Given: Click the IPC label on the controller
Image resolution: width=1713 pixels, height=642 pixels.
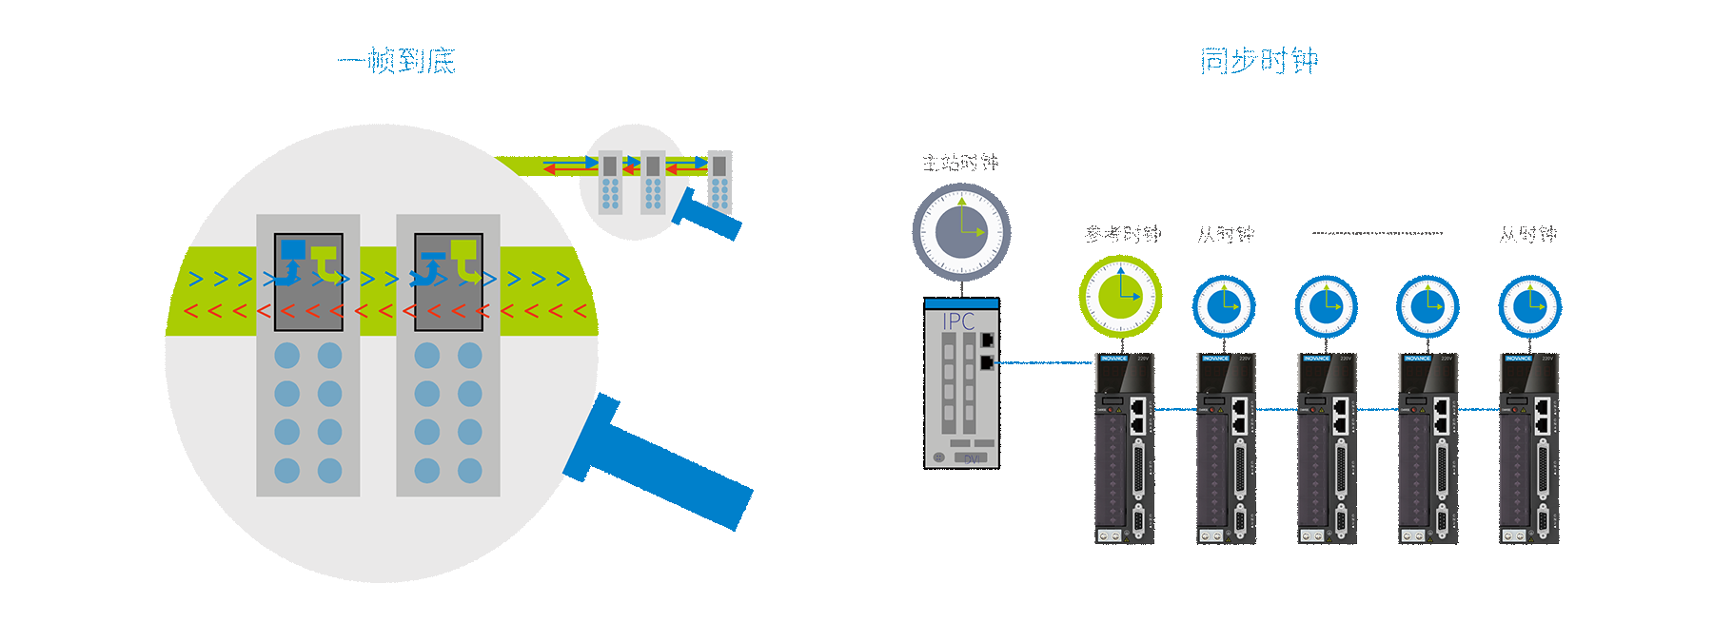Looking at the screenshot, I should click(x=958, y=321).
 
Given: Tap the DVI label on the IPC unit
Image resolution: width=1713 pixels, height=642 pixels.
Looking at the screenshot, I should click(x=972, y=459).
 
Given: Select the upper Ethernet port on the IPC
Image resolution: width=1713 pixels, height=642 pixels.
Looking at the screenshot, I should click(x=988, y=339).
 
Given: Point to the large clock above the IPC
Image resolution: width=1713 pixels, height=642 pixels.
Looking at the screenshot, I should click(x=961, y=231).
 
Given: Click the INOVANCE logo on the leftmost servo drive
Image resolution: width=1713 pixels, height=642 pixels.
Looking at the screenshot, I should click(x=1114, y=359).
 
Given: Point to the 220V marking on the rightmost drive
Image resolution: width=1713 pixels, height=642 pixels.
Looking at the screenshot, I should click(x=1546, y=359).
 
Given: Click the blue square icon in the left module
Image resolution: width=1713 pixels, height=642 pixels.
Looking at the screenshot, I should click(x=293, y=250).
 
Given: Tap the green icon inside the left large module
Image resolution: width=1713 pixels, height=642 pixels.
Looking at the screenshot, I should click(x=325, y=257).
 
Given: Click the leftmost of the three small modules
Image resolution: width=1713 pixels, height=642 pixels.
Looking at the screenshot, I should click(x=610, y=183).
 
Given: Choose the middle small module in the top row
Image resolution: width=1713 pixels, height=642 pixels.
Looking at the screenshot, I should click(x=653, y=183).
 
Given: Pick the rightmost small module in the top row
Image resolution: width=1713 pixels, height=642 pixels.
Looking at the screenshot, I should click(x=719, y=183).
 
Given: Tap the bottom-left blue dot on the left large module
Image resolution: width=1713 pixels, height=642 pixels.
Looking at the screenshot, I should click(x=286, y=470).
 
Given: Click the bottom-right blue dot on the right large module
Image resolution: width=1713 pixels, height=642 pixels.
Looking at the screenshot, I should click(x=470, y=470).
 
